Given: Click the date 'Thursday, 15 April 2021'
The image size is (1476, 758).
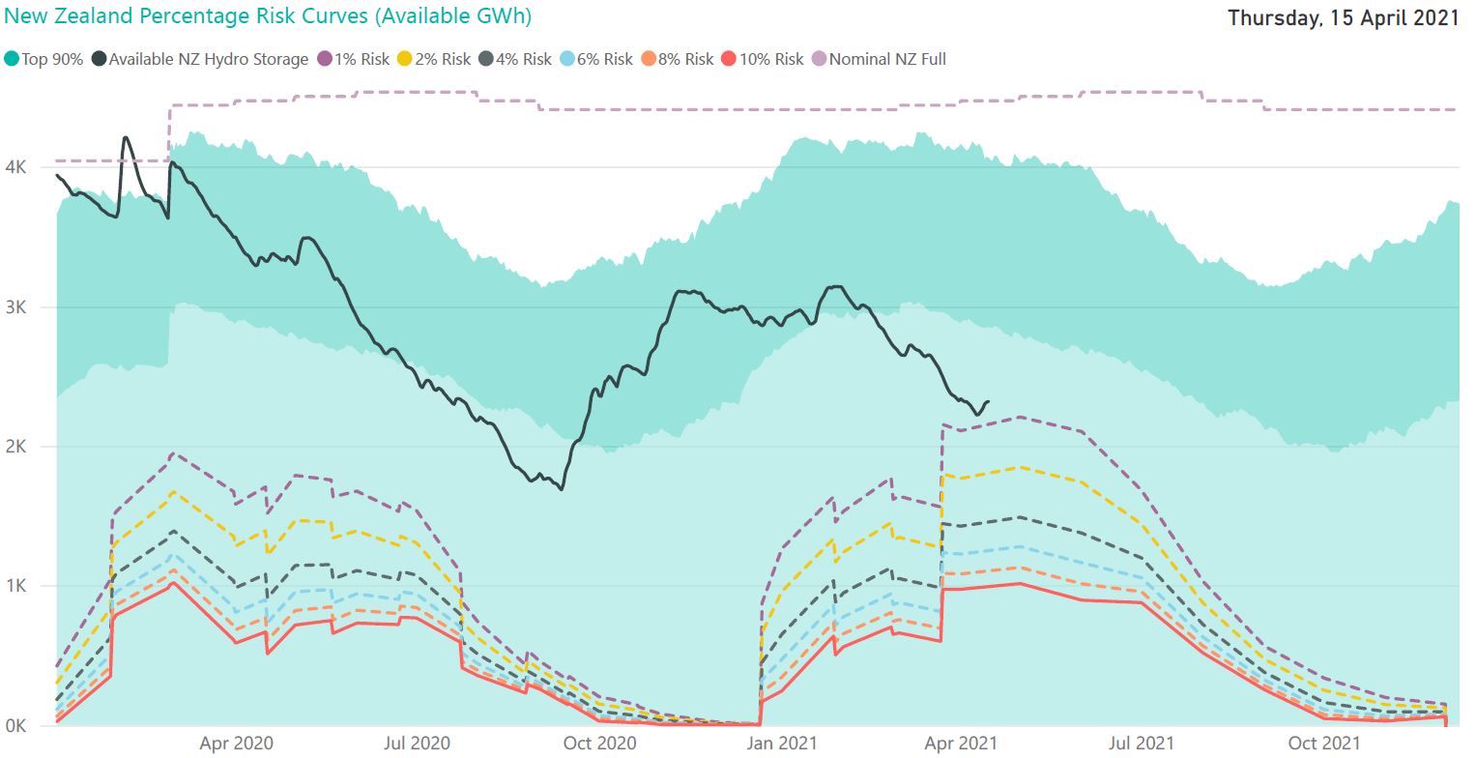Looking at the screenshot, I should click(x=1343, y=17).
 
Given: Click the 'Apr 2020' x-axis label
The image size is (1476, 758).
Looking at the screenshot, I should click(x=236, y=743).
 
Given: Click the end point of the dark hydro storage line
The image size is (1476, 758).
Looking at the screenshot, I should click(x=987, y=402).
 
